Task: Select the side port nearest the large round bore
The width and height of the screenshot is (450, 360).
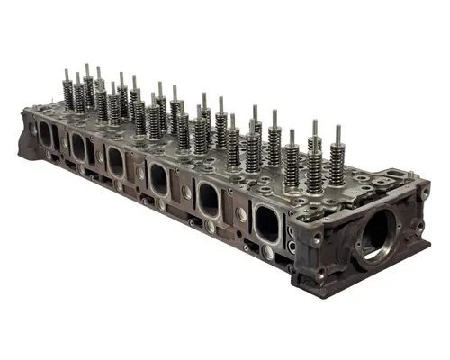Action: pyautogui.click(x=266, y=222)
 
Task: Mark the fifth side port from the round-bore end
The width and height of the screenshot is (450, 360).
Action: pyautogui.click(x=78, y=146)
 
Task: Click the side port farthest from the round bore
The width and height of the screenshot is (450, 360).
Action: pyautogui.click(x=46, y=134)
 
